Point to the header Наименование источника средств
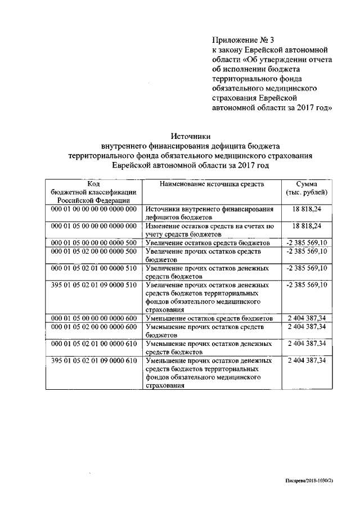(212, 184)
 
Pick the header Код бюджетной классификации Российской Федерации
(94, 193)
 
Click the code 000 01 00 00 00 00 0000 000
(94, 209)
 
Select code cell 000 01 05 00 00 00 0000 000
(94, 226)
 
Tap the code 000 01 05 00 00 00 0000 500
(94, 242)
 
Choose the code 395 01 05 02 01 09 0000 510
(94, 285)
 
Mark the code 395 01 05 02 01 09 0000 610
(94, 361)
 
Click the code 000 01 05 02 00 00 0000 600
(94, 327)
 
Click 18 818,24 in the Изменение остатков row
(307, 226)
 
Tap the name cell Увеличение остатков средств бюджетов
(208, 242)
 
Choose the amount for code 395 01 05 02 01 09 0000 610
(307, 361)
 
